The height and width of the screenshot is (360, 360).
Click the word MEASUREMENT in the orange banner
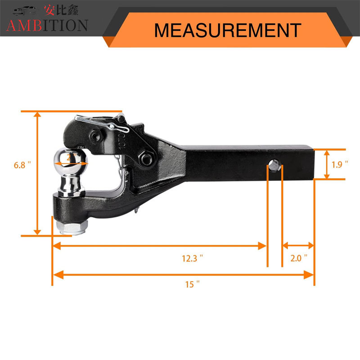[228, 30]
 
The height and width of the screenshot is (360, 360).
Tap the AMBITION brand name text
[47, 25]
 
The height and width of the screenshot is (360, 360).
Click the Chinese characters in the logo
[61, 10]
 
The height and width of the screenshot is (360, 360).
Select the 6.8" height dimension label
[22, 165]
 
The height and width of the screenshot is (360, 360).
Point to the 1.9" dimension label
[340, 164]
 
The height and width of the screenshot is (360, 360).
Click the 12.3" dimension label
[193, 258]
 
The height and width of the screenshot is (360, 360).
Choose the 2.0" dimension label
[298, 258]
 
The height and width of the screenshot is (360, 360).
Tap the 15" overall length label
[193, 284]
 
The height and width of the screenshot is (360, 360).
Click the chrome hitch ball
[71, 161]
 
